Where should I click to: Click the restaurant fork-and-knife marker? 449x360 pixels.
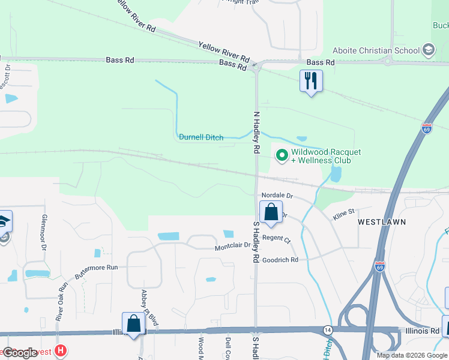[x=311, y=81]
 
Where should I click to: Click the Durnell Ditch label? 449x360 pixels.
[x=201, y=137]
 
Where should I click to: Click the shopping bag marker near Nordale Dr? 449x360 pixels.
[x=271, y=212]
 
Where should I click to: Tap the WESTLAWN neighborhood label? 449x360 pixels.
[x=382, y=222]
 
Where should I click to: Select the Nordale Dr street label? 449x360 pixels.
[x=277, y=196]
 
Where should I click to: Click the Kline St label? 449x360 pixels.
[x=345, y=211]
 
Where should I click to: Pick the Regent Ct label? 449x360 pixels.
[x=276, y=238]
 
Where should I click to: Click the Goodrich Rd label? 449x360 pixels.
[x=280, y=260]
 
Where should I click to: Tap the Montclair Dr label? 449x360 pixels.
[x=232, y=247]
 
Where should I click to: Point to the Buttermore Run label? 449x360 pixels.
[x=97, y=272]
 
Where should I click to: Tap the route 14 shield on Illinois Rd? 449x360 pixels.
[x=328, y=331]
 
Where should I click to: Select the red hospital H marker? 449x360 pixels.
[x=60, y=350]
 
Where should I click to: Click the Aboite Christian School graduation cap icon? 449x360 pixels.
[x=428, y=49]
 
